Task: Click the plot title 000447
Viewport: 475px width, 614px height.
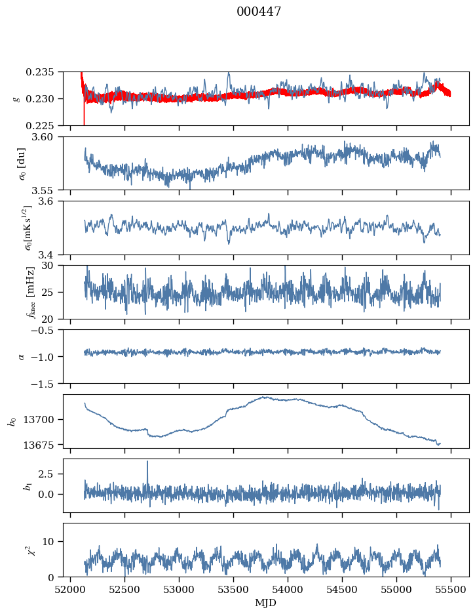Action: tap(259, 12)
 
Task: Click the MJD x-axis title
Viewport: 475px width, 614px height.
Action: tap(266, 602)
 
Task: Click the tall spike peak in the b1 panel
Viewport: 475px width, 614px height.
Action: tap(147, 461)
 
